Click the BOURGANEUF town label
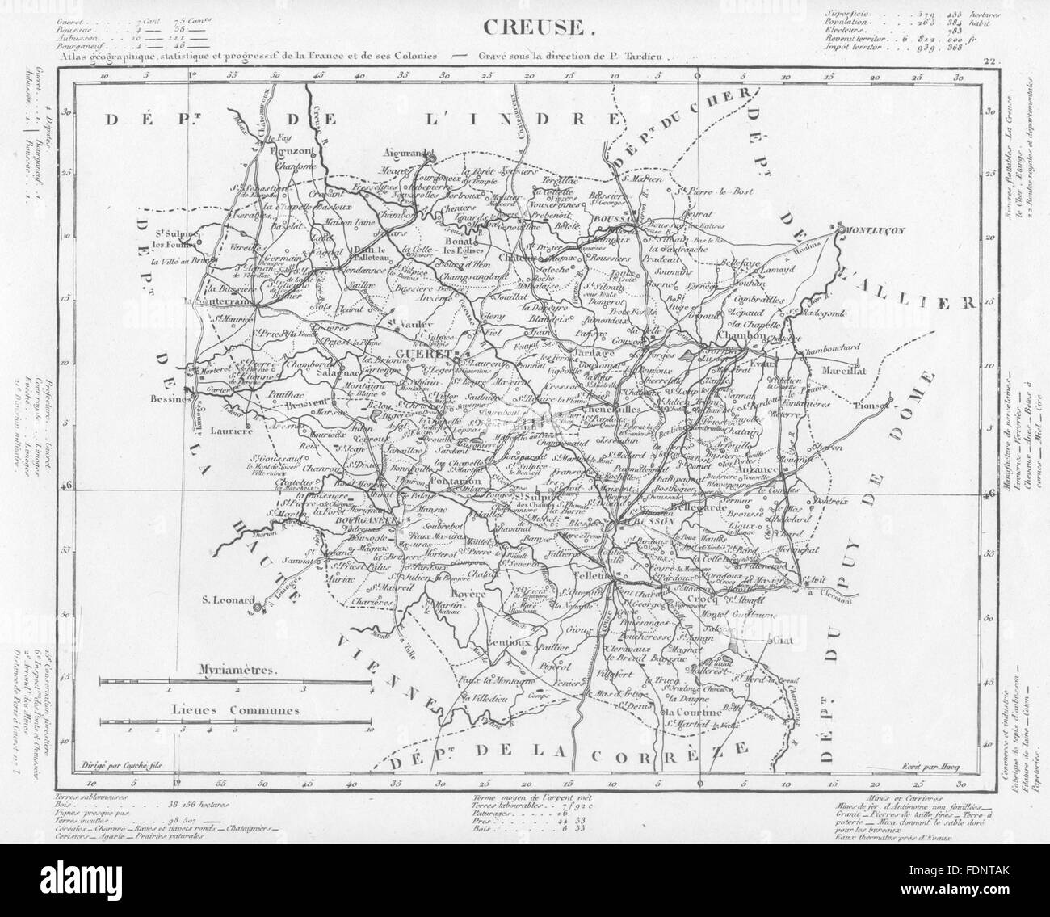[359, 522]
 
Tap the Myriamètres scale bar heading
[235, 670]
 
